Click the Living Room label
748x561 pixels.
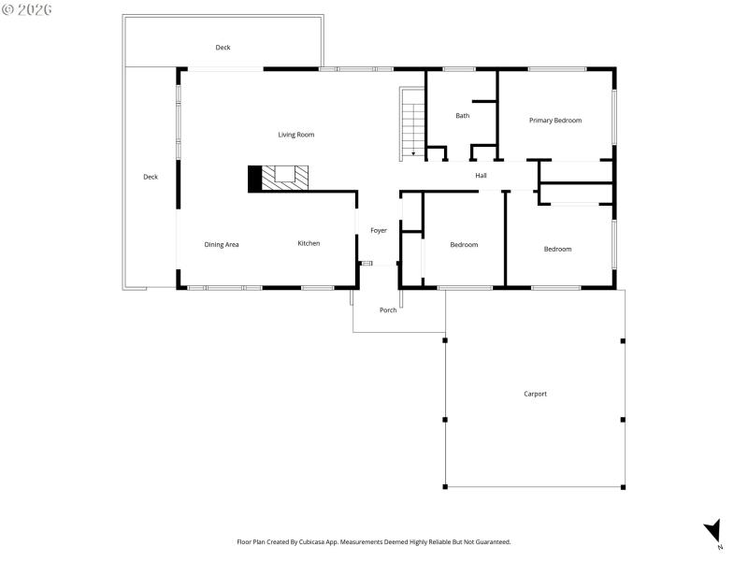click(x=295, y=135)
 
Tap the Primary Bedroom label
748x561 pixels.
click(x=555, y=121)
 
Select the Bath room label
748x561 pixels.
click(x=462, y=116)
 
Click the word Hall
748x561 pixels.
click(x=481, y=176)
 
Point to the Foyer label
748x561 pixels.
click(x=379, y=230)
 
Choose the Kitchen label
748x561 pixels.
click(x=309, y=243)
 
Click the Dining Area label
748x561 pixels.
click(x=222, y=245)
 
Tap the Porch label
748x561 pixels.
click(x=388, y=310)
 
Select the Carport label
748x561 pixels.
click(x=535, y=394)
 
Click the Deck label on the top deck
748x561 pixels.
click(x=223, y=48)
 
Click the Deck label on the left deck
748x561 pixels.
click(x=151, y=177)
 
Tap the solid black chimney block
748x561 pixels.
click(x=253, y=179)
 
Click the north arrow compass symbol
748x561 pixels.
click(x=713, y=530)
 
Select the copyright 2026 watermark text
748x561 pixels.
click(x=27, y=9)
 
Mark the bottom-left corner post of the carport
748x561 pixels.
click(x=445, y=486)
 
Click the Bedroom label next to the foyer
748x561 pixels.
click(x=464, y=245)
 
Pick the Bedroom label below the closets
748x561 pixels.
click(x=557, y=249)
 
